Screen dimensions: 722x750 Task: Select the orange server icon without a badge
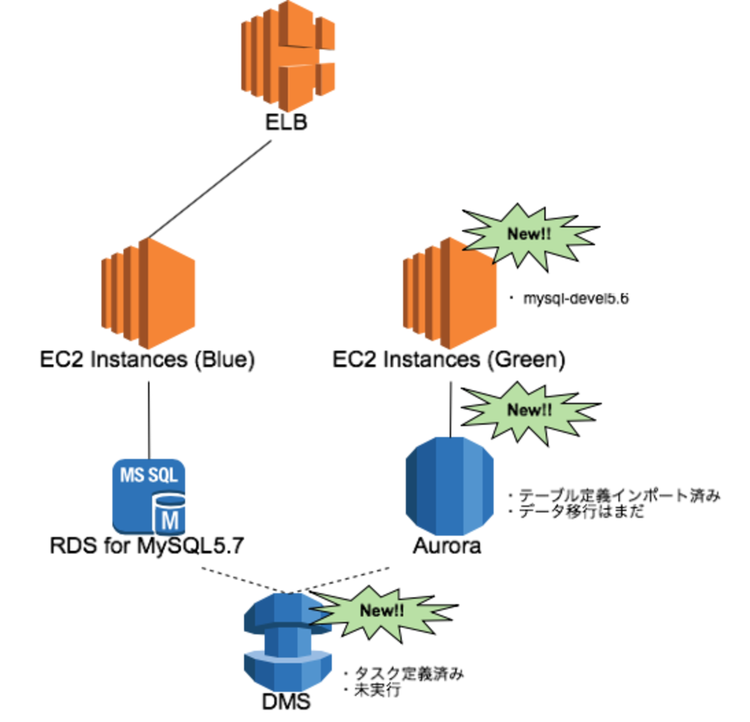149,293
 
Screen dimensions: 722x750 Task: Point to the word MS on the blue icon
131,475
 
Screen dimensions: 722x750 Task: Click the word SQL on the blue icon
164,475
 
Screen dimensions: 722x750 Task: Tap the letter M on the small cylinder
170,520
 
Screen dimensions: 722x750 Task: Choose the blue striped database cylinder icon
449,486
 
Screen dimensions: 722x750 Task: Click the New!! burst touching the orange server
529,234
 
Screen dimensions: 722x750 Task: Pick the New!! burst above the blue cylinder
529,410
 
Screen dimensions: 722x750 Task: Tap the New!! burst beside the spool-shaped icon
381,611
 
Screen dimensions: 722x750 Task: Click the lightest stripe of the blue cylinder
474,486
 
